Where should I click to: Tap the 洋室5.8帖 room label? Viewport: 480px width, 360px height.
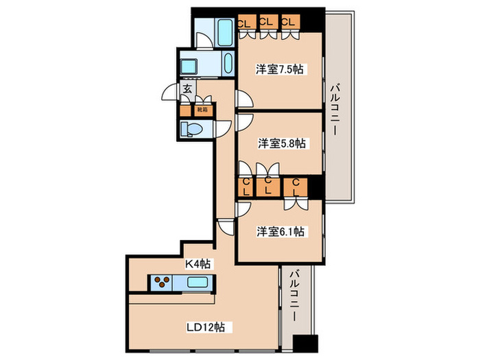click(x=282, y=143)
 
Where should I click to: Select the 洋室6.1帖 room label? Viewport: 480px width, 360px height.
click(x=280, y=232)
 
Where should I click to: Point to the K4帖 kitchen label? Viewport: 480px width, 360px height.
click(x=198, y=263)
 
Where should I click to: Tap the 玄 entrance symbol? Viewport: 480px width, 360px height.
click(x=187, y=88)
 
